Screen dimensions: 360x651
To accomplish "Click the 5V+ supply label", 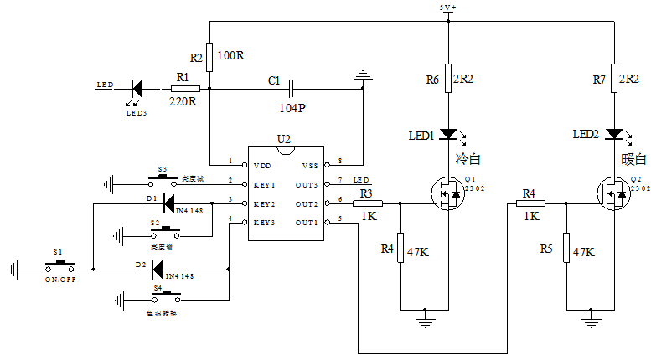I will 448,8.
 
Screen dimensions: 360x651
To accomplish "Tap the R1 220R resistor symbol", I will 185,87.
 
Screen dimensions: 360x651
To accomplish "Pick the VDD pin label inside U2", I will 262,165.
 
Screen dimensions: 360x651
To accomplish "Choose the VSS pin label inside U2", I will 309,165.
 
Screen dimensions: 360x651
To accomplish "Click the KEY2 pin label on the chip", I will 264,203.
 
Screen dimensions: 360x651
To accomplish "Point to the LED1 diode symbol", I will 448,134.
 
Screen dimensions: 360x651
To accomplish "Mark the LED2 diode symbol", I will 615,134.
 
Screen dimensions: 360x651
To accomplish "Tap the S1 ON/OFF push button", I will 58,265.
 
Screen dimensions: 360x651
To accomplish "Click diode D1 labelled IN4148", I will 168,203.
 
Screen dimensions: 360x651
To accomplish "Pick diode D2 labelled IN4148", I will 158,270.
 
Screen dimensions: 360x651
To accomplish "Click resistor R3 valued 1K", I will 369,203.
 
